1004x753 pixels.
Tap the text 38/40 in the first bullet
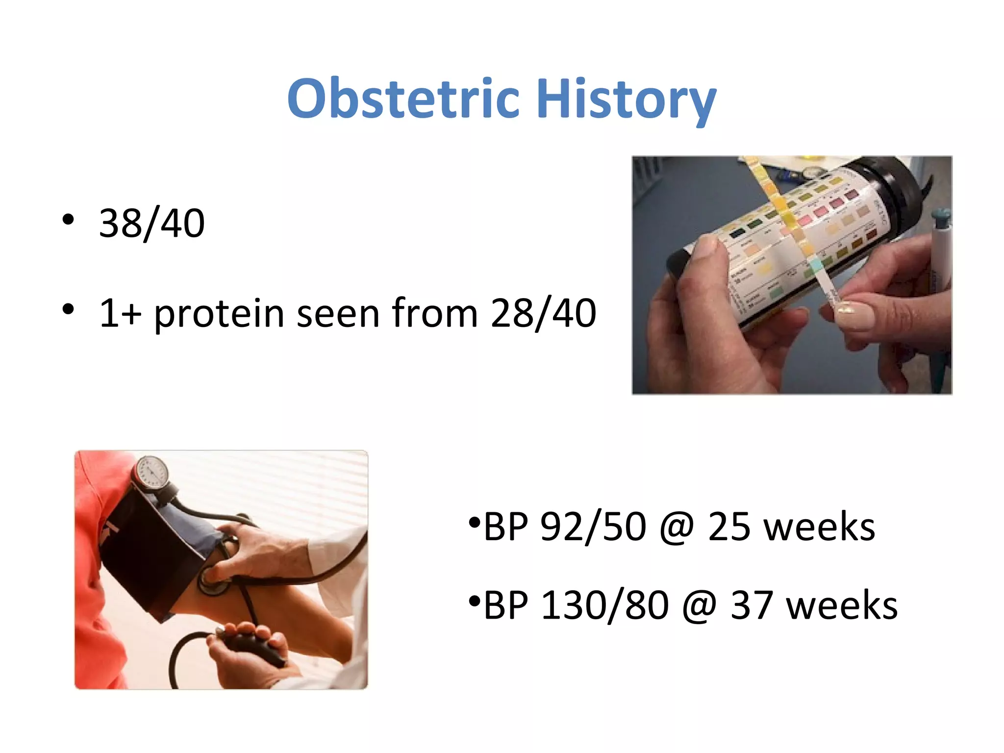[151, 224]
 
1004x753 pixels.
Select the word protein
[219, 314]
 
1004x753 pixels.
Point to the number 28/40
[543, 314]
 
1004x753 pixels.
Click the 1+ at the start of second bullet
[120, 314]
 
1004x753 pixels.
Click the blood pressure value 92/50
[593, 527]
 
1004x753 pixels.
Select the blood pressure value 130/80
[604, 605]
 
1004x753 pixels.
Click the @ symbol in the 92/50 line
[677, 528]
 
